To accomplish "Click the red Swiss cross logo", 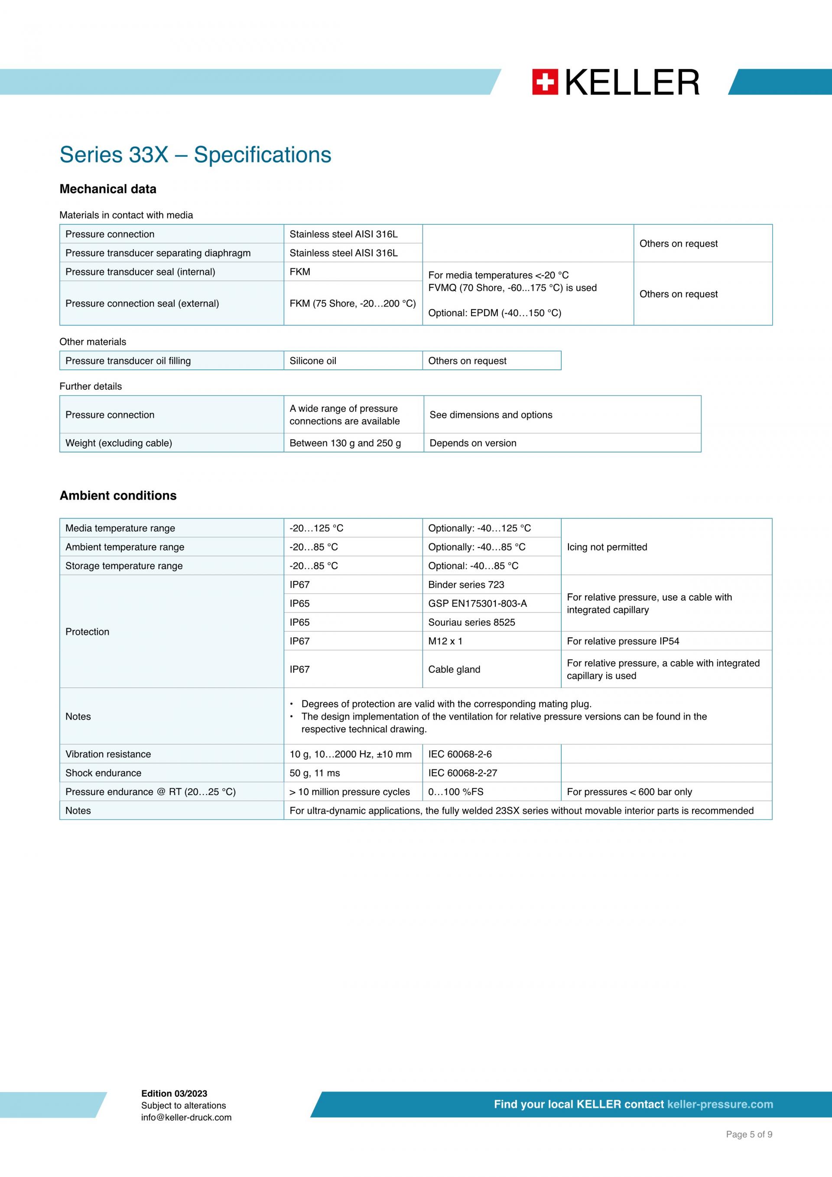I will click(545, 82).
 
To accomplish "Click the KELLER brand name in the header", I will click(632, 82).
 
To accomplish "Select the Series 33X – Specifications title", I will click(195, 155).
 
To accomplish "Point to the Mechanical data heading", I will click(107, 189).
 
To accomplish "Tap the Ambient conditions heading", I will click(118, 496).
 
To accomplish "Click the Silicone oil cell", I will click(313, 361).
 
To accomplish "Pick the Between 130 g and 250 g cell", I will click(345, 443).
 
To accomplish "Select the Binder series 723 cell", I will click(466, 584).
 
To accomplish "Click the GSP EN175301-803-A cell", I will click(477, 603).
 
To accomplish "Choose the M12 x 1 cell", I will click(445, 641).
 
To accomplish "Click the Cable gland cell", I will click(454, 669).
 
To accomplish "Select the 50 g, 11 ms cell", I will click(315, 773).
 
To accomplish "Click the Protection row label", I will click(87, 632).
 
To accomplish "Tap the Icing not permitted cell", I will click(607, 547).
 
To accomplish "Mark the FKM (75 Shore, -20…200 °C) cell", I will click(352, 303).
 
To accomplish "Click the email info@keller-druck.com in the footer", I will click(186, 1118).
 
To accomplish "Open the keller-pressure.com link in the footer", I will click(720, 1104).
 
